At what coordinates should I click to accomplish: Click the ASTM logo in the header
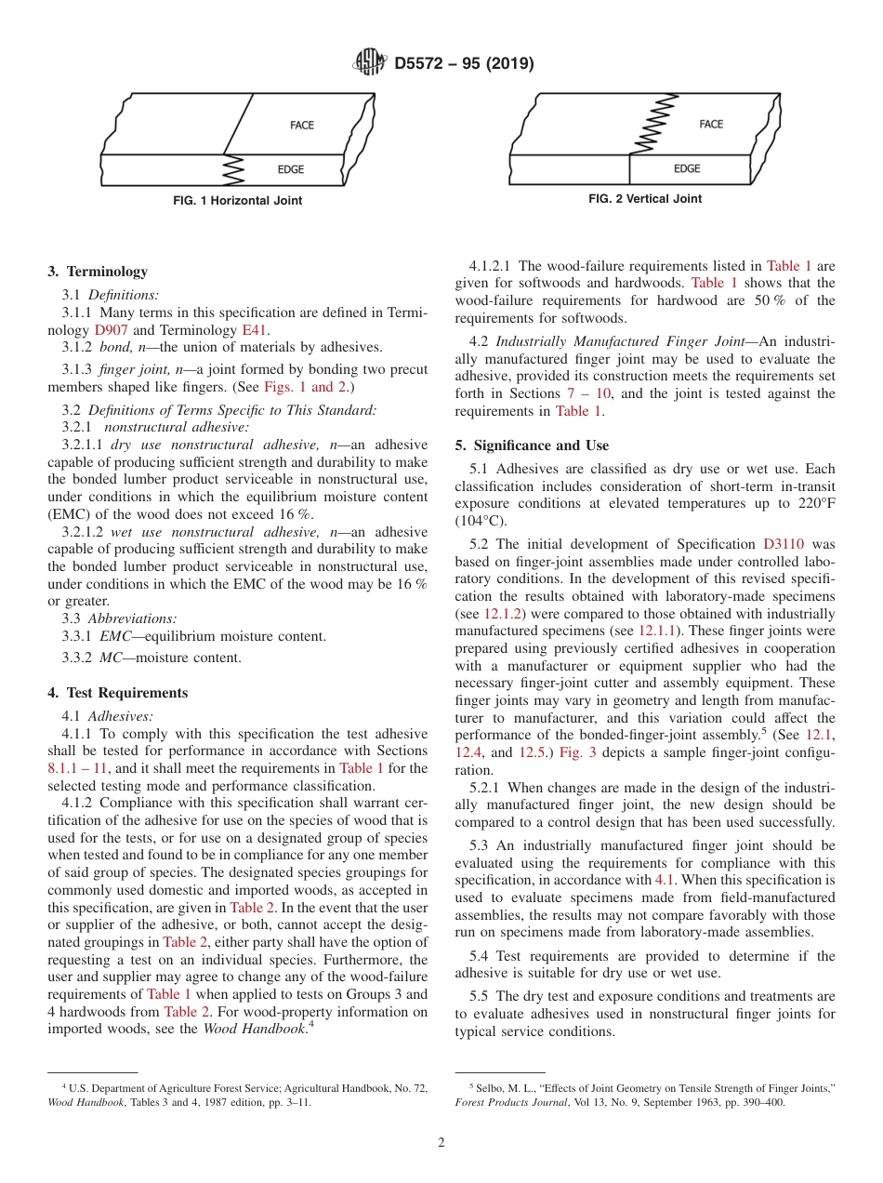click(x=371, y=63)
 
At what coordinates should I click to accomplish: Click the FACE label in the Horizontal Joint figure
click(x=302, y=126)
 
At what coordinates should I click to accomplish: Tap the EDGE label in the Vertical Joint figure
click(x=687, y=168)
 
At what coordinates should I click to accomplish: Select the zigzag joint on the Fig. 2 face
click(x=644, y=125)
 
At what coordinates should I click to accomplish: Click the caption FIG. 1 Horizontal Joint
click(x=238, y=201)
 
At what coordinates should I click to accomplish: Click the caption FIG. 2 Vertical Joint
click(x=645, y=199)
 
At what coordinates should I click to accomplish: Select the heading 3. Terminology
click(x=98, y=272)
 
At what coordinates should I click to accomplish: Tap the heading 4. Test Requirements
click(x=117, y=693)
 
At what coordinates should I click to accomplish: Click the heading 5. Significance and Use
click(x=532, y=445)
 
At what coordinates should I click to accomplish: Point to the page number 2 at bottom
click(x=441, y=1143)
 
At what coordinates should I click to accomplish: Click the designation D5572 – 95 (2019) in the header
click(x=464, y=64)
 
